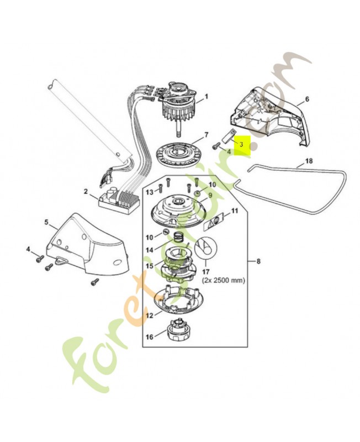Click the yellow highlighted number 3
click(x=241, y=144)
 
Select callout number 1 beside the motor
click(x=207, y=96)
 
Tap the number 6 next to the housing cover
click(x=307, y=99)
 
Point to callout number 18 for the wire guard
click(x=309, y=161)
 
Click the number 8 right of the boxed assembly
click(x=258, y=261)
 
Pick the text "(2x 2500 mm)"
click(x=224, y=281)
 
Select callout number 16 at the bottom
click(x=149, y=337)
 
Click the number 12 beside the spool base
click(x=150, y=315)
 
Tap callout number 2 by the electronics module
click(x=86, y=192)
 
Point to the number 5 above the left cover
click(x=46, y=222)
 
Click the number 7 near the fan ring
click(x=206, y=134)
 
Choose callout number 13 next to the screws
click(x=150, y=192)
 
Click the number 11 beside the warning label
click(x=234, y=211)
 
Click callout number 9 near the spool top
click(x=210, y=195)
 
